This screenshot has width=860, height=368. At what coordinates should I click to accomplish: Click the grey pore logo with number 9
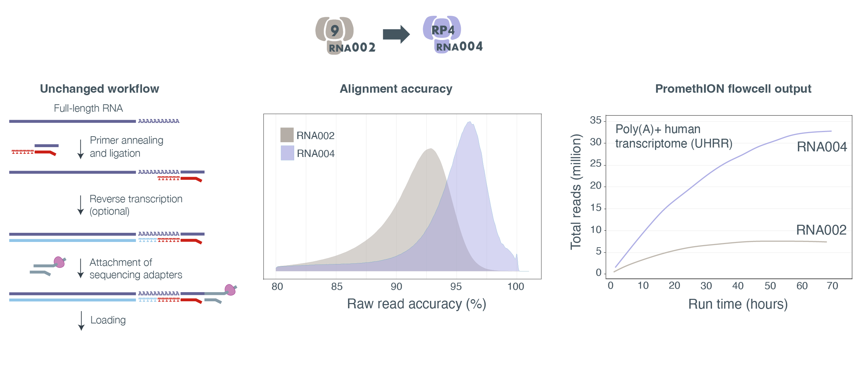pyautogui.click(x=334, y=31)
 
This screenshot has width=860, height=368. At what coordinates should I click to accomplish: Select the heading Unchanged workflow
pyautogui.click(x=99, y=89)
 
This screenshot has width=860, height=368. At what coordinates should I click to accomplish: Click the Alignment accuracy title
pyautogui.click(x=396, y=89)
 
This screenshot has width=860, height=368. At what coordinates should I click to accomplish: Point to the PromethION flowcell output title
pyautogui.click(x=733, y=89)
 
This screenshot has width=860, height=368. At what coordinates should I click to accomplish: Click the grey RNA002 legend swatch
pyautogui.click(x=287, y=135)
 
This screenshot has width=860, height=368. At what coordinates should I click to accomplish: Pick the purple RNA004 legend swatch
pyautogui.click(x=287, y=153)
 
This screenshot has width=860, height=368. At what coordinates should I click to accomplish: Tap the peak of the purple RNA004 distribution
pyautogui.click(x=469, y=122)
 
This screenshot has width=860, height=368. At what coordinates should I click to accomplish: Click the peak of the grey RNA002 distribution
pyautogui.click(x=431, y=149)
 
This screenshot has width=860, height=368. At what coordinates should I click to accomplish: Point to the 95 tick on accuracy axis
pyautogui.click(x=456, y=287)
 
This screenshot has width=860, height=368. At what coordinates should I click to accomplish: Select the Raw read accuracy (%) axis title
pyautogui.click(x=416, y=304)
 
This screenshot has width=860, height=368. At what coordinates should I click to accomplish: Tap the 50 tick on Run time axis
pyautogui.click(x=770, y=286)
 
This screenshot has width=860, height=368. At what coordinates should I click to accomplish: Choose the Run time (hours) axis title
pyautogui.click(x=738, y=304)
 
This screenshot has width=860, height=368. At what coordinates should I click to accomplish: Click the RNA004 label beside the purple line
pyautogui.click(x=821, y=147)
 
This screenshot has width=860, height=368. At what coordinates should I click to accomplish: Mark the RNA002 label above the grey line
pyautogui.click(x=821, y=230)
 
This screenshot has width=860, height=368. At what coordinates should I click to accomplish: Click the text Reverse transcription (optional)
pyautogui.click(x=135, y=205)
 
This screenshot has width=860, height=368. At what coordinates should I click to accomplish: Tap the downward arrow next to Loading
pyautogui.click(x=81, y=321)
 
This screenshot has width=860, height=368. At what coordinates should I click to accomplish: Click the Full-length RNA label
pyautogui.click(x=88, y=108)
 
